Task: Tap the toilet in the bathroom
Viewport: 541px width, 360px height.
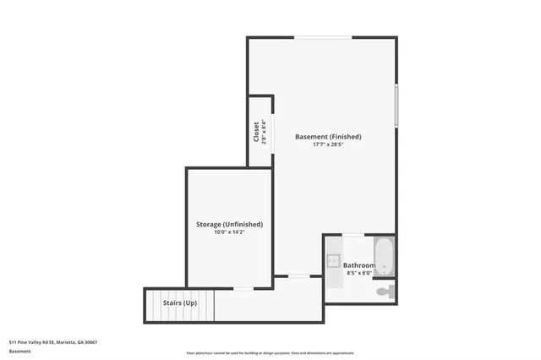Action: pyautogui.click(x=385, y=292)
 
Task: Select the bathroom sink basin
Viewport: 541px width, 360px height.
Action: pyautogui.click(x=333, y=260)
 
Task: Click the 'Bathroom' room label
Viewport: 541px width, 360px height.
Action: pyautogui.click(x=359, y=265)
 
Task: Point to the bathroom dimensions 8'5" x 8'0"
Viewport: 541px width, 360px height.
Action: pyautogui.click(x=359, y=273)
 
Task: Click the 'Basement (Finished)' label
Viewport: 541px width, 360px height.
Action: pyautogui.click(x=328, y=136)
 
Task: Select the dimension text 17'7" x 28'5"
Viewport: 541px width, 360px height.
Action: pyautogui.click(x=328, y=145)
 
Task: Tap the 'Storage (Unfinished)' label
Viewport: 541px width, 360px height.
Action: pyautogui.click(x=229, y=224)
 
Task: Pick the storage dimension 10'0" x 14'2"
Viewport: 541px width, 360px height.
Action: pyautogui.click(x=229, y=232)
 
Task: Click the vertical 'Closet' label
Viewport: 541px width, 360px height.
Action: pyautogui.click(x=256, y=131)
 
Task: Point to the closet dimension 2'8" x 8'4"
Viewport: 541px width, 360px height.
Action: pyautogui.click(x=265, y=131)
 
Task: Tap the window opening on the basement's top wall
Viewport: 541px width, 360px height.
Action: pyautogui.click(x=323, y=37)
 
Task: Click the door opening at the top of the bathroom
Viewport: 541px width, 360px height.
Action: pyautogui.click(x=353, y=235)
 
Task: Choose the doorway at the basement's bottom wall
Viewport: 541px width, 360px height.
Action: pyautogui.click(x=298, y=275)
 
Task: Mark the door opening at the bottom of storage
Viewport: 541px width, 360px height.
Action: pyautogui.click(x=243, y=289)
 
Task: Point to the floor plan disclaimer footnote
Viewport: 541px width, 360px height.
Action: pyautogui.click(x=270, y=353)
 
